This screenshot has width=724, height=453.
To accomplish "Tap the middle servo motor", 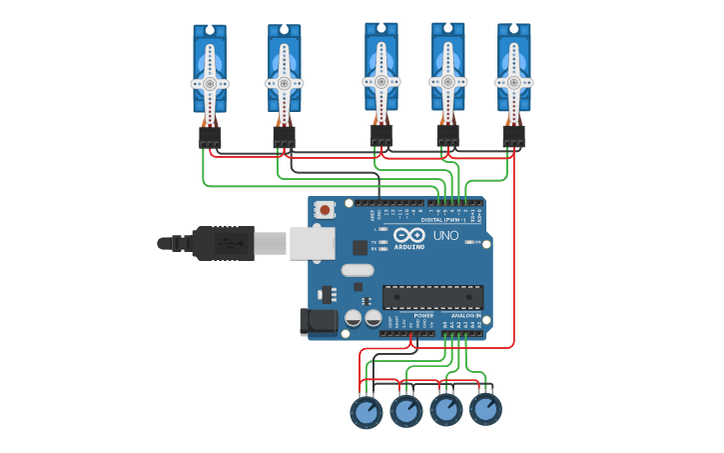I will click(x=381, y=68).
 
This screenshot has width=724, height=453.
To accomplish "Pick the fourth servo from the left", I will click(x=447, y=68).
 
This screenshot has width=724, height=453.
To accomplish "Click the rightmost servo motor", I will click(x=513, y=70).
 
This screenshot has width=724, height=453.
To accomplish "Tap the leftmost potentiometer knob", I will click(x=366, y=412).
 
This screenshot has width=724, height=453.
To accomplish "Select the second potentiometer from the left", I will click(x=406, y=410).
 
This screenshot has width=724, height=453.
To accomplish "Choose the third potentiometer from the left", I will click(x=446, y=409).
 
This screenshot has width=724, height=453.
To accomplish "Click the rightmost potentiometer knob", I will click(x=485, y=408).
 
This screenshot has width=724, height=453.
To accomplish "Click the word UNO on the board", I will click(x=445, y=236).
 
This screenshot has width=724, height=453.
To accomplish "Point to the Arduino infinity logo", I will click(x=409, y=235).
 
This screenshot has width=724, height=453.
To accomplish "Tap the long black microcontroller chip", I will click(x=432, y=297).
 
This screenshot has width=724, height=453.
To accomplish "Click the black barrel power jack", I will click(x=319, y=321).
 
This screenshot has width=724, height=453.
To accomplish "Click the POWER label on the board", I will click(x=423, y=315).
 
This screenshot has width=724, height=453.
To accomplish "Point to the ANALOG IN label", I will click(x=465, y=315).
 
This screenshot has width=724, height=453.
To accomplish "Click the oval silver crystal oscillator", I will click(x=357, y=270).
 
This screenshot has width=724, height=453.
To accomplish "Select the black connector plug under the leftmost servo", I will click(x=210, y=137).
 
